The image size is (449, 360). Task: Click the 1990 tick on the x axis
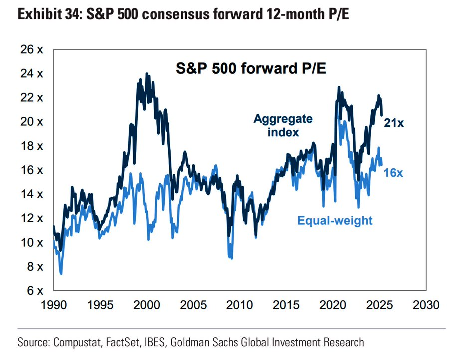tap(53, 305)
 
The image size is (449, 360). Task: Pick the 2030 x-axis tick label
tap(426, 305)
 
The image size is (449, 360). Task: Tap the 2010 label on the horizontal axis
tap(239, 305)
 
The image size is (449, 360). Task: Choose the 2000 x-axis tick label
tap(147, 305)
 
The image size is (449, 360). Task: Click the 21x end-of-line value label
tap(394, 122)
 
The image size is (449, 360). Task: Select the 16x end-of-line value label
tap(394, 173)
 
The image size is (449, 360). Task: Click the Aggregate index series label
tap(283, 125)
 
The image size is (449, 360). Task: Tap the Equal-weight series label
tap(335, 220)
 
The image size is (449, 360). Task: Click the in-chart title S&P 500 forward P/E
tap(251, 68)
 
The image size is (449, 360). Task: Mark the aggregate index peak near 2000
tap(146, 74)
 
